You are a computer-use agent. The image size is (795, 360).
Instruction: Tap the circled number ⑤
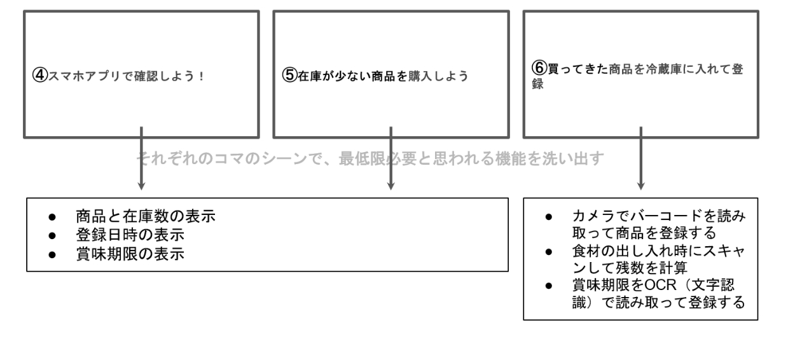point(289,76)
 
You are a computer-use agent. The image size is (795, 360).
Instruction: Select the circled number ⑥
point(539,68)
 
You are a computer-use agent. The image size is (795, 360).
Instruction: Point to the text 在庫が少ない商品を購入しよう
point(382,76)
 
